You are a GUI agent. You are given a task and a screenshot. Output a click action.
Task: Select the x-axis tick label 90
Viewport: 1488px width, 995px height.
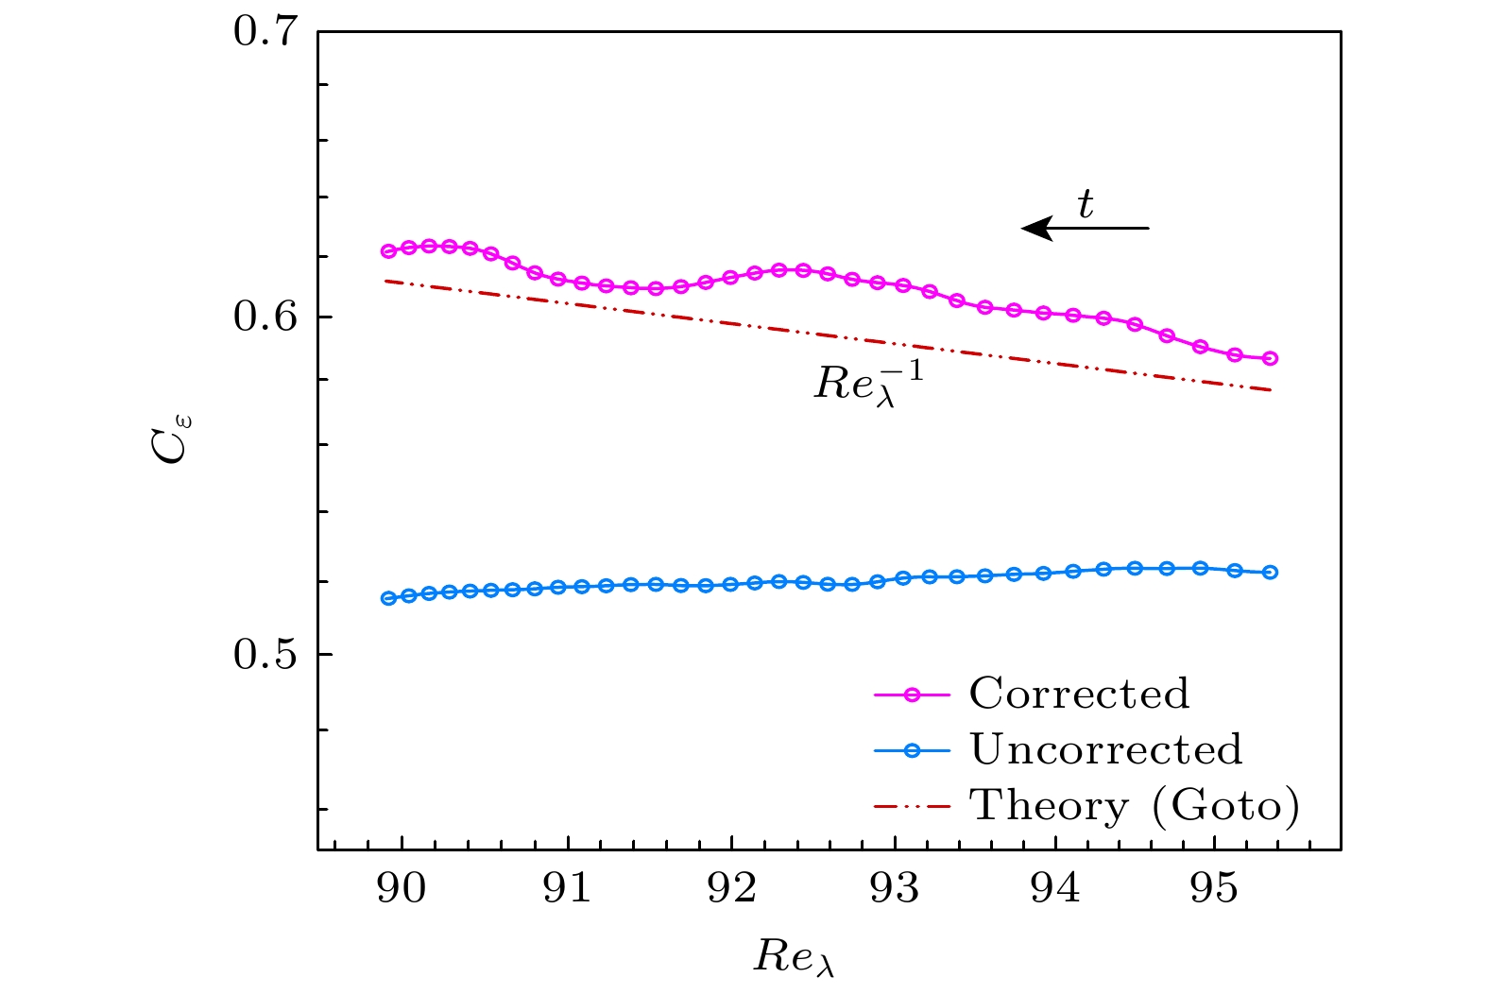coord(402,889)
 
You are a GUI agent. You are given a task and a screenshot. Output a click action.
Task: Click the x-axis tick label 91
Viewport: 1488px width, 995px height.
coord(567,889)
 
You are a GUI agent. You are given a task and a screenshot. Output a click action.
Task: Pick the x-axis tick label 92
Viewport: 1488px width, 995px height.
coord(731,889)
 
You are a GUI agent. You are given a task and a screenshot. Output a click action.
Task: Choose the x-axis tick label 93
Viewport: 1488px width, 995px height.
coord(895,889)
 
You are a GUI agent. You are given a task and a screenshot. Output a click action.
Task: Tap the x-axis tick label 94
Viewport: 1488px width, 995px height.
coord(1055,889)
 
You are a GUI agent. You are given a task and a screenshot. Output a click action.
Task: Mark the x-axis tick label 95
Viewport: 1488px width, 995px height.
coord(1214,889)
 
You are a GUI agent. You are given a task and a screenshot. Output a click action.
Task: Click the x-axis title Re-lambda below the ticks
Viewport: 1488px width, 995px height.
coord(794,957)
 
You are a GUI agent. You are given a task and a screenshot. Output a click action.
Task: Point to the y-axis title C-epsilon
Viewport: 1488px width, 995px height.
coord(173,438)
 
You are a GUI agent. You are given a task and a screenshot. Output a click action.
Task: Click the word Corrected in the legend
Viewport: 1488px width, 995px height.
coord(1079,694)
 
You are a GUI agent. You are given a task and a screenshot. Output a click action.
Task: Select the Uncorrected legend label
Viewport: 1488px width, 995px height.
coord(1105,749)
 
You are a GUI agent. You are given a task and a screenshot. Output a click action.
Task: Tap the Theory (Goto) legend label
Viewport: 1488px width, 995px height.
coord(1135,806)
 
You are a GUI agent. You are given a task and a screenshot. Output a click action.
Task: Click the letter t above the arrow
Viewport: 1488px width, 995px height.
coord(1086,204)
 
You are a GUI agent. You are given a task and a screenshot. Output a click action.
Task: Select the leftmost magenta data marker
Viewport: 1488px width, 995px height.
coord(388,251)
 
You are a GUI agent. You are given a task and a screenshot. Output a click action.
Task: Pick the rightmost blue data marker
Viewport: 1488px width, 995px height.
coord(1270,572)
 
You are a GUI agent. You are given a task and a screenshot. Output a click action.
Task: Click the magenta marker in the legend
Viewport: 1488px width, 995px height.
coord(912,695)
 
